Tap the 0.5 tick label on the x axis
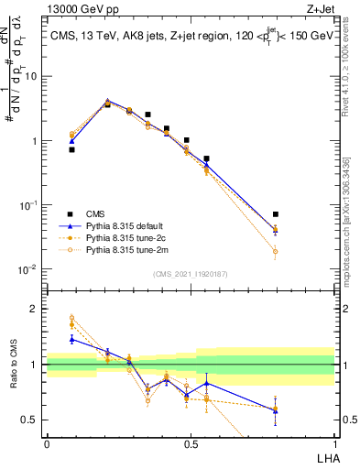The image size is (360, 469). pyautogui.click(x=191, y=443)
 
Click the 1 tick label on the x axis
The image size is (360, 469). pyautogui.click(x=334, y=443)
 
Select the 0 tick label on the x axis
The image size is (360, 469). pyautogui.click(x=47, y=443)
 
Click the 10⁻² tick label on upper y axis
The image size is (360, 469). pyautogui.click(x=28, y=269)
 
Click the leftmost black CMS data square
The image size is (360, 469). pyautogui.click(x=71, y=149)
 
